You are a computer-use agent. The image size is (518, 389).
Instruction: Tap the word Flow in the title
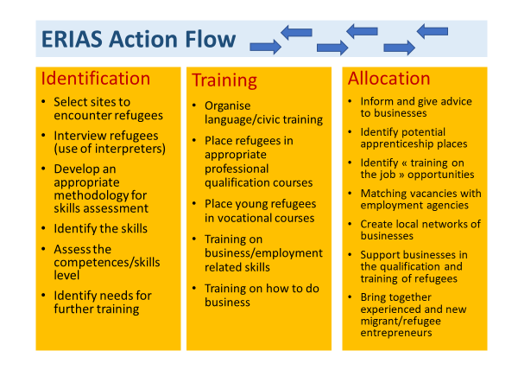tap(207, 39)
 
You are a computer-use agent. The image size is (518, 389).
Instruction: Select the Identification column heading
tap(96, 79)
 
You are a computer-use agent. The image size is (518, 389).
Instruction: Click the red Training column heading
tap(224, 80)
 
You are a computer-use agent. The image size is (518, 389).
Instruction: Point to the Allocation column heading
tap(388, 79)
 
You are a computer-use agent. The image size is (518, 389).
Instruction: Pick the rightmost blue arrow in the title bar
tap(432, 31)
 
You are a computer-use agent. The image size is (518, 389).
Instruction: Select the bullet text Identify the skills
tap(100, 228)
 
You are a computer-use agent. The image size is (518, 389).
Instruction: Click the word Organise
tap(229, 106)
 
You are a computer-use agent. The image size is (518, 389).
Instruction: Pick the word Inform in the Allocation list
tap(377, 101)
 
